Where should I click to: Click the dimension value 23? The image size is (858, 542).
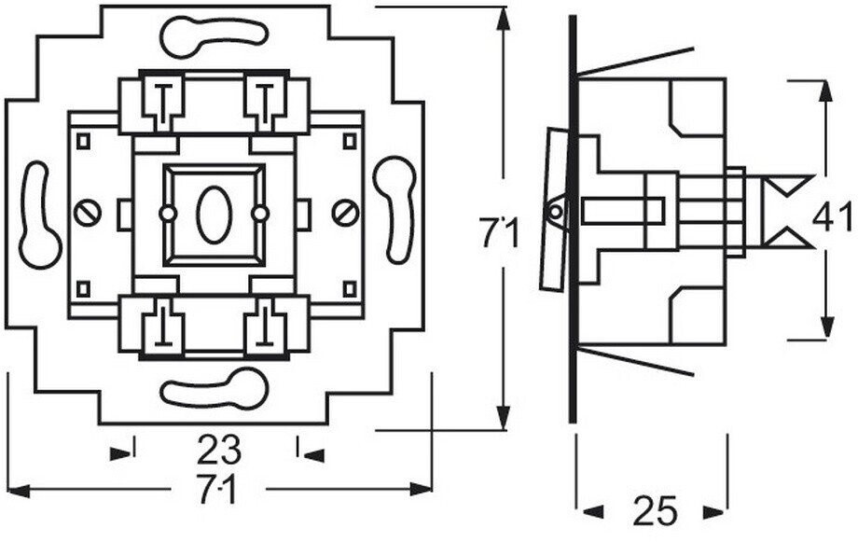tap(219, 450)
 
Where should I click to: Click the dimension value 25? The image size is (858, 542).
tap(655, 511)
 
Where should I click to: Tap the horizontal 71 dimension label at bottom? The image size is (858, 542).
tap(218, 489)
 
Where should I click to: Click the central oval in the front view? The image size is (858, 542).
tap(212, 215)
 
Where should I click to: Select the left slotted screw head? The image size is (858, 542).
tap(88, 214)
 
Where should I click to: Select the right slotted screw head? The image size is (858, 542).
tap(346, 214)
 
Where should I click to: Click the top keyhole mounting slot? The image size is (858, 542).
tap(214, 36)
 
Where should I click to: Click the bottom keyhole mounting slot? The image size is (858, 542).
tap(214, 389)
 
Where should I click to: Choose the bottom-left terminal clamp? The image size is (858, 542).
tap(162, 327)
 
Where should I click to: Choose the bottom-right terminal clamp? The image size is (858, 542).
tap(265, 327)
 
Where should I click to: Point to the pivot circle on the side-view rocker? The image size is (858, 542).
tap(555, 212)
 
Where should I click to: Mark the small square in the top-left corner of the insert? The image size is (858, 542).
tap(83, 141)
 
